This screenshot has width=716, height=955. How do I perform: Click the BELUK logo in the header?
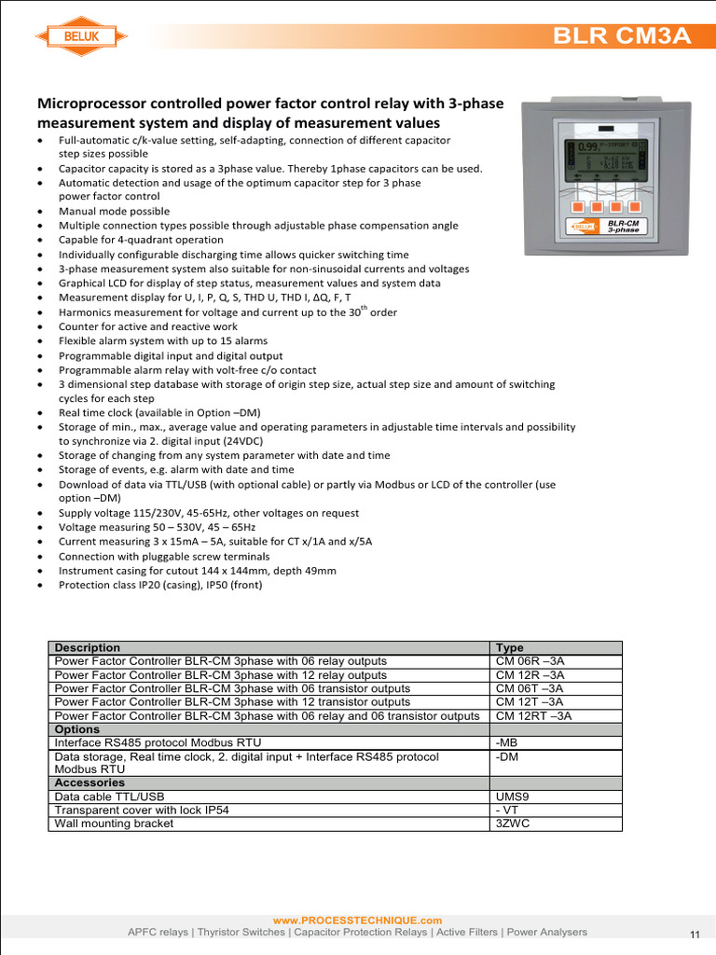click(81, 36)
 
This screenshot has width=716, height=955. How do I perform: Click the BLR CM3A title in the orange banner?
click(622, 36)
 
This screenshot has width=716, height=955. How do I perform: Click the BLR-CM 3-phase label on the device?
click(622, 226)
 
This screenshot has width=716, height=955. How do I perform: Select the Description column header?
click(88, 647)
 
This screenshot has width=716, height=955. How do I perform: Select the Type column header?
click(510, 647)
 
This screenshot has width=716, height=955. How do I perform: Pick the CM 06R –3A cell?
click(530, 661)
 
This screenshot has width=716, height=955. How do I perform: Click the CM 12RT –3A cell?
click(533, 716)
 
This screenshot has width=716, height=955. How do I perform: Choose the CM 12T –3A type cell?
click(530, 702)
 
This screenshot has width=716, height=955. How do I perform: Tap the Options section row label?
click(77, 729)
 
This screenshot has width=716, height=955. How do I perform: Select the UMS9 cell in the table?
click(513, 797)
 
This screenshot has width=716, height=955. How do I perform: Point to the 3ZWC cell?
click(513, 824)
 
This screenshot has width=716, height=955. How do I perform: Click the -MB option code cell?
click(508, 742)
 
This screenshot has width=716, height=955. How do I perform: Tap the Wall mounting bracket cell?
click(114, 824)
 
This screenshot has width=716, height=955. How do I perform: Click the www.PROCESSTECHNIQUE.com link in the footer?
click(357, 920)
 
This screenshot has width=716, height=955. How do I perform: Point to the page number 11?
click(695, 934)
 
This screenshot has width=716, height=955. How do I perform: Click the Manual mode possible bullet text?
click(116, 211)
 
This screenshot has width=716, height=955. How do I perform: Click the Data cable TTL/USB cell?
click(109, 797)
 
